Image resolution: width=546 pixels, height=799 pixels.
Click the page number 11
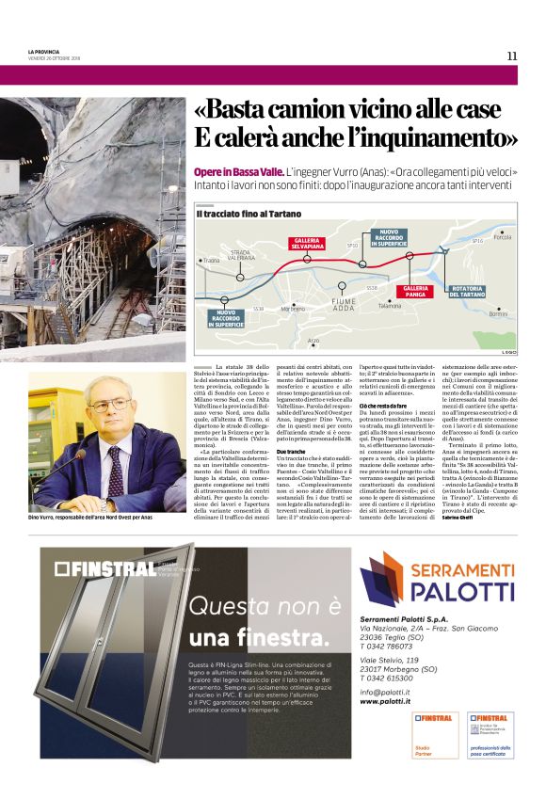click(x=511, y=56)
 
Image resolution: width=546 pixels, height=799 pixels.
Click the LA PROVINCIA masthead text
click(x=44, y=52)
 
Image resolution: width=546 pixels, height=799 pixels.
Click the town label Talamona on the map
click(x=389, y=305)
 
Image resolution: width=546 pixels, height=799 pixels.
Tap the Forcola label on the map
click(x=501, y=237)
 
